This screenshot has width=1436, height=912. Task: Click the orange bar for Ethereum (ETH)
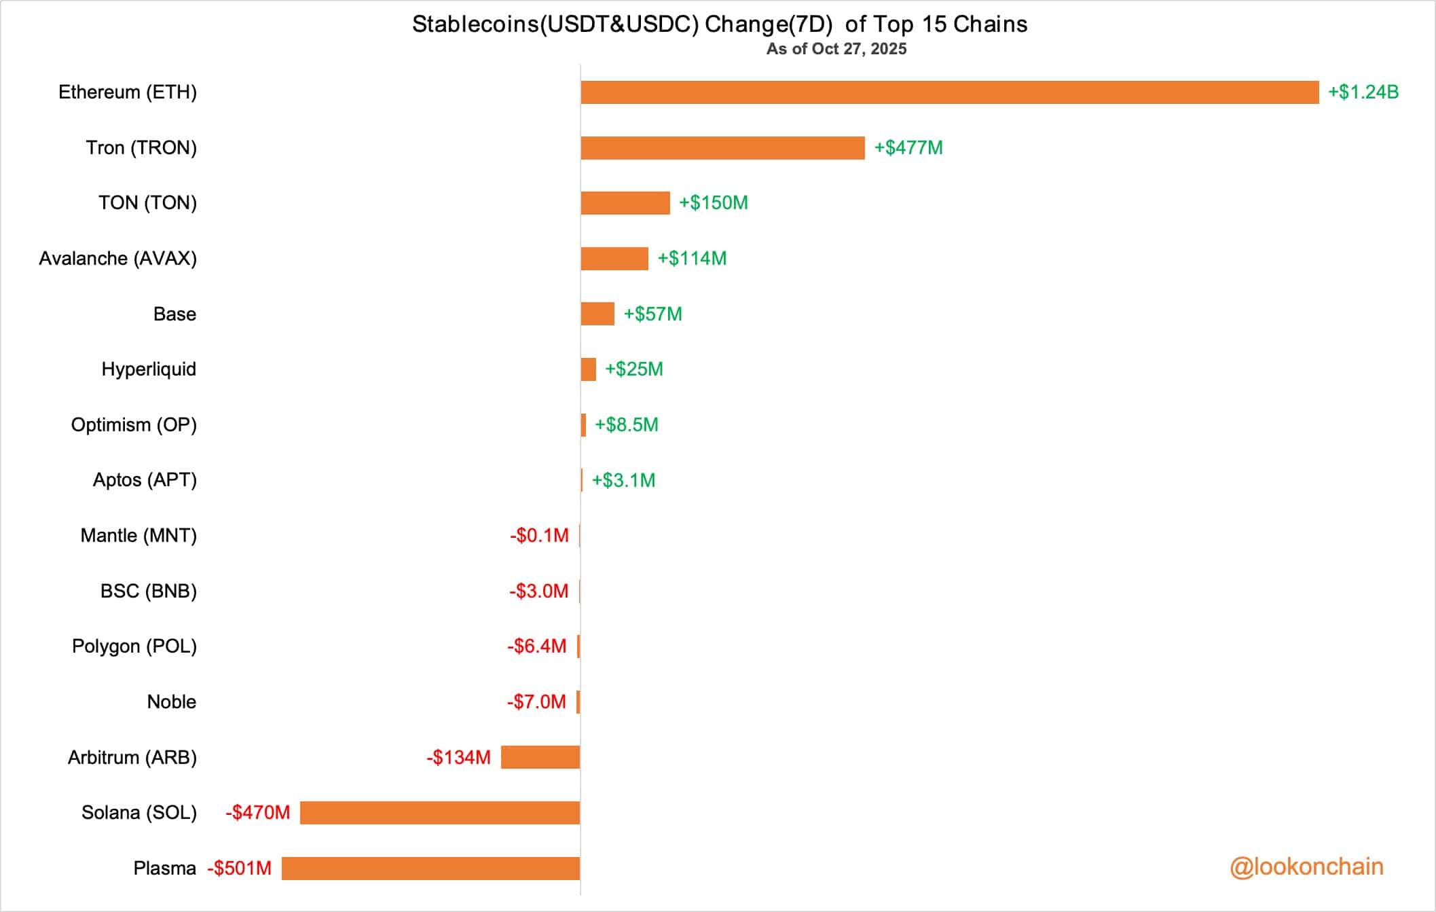(949, 92)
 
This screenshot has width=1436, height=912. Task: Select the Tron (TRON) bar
(722, 148)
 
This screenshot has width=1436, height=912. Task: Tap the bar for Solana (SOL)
(440, 813)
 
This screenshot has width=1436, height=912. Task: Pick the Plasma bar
(430, 869)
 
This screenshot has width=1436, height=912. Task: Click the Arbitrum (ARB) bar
(540, 757)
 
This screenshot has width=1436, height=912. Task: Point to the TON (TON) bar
(625, 203)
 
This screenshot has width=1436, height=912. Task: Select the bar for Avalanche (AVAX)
(614, 259)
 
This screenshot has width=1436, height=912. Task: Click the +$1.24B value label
(1363, 92)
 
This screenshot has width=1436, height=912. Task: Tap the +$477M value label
(908, 148)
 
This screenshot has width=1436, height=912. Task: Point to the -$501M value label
(240, 869)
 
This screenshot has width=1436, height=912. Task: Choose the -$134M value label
(458, 757)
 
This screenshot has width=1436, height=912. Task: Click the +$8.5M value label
(627, 425)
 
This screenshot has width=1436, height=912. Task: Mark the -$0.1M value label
(539, 536)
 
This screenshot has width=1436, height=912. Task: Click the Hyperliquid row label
(149, 369)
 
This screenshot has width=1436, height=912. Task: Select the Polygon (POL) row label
(134, 646)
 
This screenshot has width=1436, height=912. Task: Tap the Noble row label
(172, 702)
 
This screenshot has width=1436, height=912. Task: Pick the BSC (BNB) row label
(149, 591)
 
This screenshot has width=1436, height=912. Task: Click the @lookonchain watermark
(1306, 867)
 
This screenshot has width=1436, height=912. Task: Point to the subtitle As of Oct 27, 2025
(836, 49)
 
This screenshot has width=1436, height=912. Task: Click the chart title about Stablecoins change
(720, 24)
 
